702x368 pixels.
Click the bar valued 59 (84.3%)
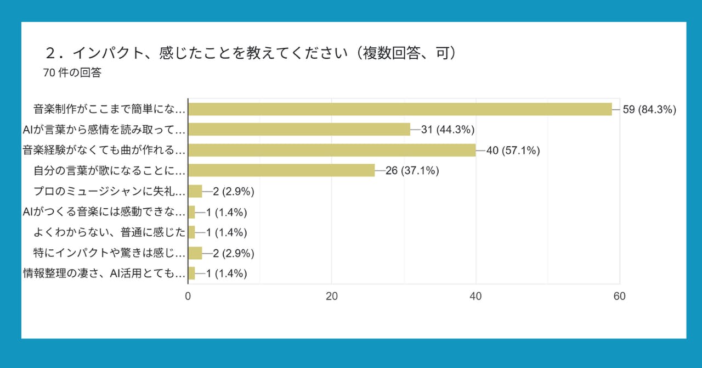pos(400,109)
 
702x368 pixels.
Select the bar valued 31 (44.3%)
pos(299,130)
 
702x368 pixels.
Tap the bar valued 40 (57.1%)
pos(332,150)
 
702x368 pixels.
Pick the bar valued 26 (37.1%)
pos(281,171)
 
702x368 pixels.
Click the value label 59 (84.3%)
pos(649,109)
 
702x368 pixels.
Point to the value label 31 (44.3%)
pos(448,130)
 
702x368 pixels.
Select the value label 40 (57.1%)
pos(513,150)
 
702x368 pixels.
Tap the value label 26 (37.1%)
pos(412,171)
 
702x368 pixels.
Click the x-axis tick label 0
pos(188,296)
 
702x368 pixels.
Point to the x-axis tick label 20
pos(332,296)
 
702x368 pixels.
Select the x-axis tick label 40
pos(476,296)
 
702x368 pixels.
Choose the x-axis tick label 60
pos(620,296)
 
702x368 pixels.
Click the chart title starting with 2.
pos(251,53)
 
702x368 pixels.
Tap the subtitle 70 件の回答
pos(72,73)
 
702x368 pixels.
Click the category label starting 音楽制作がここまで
pos(109,109)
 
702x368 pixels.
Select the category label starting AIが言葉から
pos(104,130)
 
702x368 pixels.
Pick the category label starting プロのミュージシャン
pos(109,192)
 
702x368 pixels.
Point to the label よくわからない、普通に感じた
pos(109,233)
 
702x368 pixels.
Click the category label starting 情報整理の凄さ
pos(104,274)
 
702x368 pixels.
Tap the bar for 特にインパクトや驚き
pos(195,253)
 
